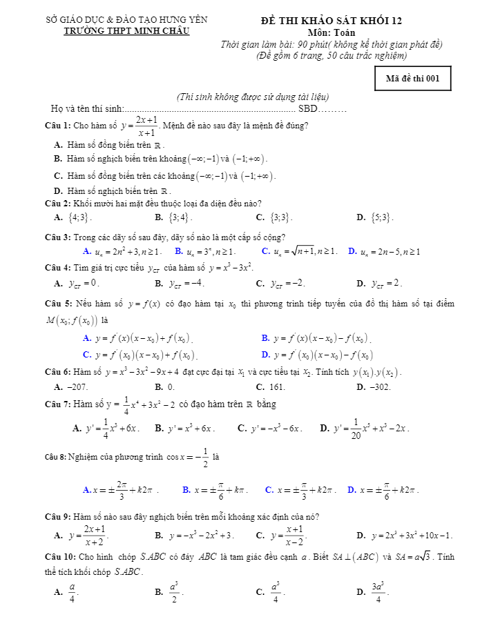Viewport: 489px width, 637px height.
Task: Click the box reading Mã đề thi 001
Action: [412, 79]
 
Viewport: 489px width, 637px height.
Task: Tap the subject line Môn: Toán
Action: [332, 32]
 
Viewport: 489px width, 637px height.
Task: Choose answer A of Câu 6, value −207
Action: [71, 387]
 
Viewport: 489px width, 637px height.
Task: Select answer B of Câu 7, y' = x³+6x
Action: [185, 429]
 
